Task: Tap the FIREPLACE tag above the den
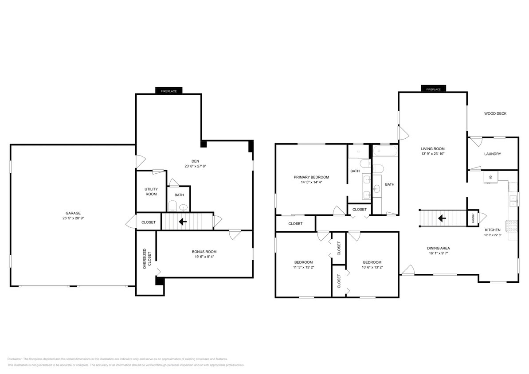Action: coord(168,91)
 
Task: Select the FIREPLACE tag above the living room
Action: coord(433,90)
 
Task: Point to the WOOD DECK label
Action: coord(495,113)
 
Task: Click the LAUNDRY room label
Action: coord(493,154)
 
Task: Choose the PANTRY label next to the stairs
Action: coord(473,218)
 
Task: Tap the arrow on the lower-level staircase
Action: coord(182,221)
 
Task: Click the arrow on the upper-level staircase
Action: coord(442,218)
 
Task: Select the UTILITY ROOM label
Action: coord(151,191)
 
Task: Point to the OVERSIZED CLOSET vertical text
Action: coord(146,258)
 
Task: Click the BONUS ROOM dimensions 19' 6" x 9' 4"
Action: coord(204,257)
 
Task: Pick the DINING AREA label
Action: coord(439,248)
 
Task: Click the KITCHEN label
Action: coord(492,230)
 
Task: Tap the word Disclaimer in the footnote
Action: coord(15,359)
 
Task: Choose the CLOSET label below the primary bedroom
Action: coord(295,224)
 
